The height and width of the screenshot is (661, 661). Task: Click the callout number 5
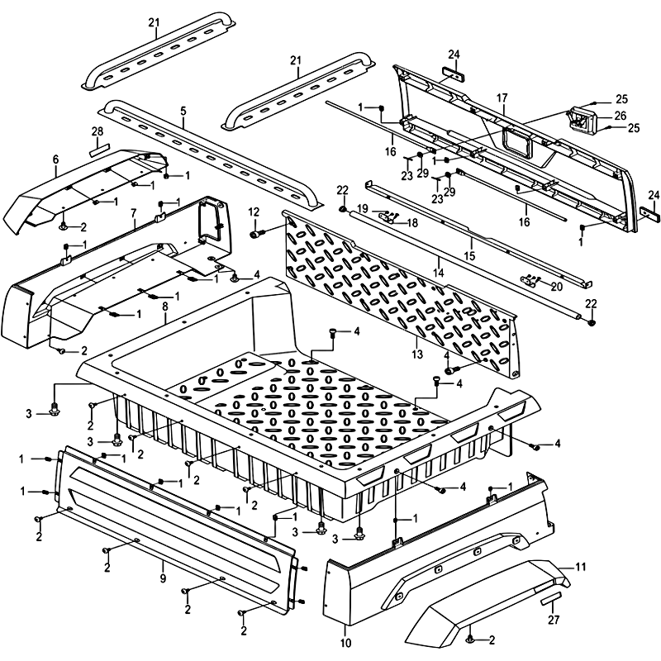click(183, 112)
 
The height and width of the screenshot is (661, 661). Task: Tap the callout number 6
click(55, 159)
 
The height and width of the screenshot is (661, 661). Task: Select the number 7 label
click(133, 213)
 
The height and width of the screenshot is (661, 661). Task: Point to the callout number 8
click(164, 307)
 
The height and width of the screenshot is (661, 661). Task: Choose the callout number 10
click(345, 641)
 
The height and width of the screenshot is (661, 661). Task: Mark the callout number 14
click(438, 272)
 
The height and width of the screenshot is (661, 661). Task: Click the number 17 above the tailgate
click(502, 97)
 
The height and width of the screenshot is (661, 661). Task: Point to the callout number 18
click(411, 222)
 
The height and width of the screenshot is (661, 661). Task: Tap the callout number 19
click(363, 207)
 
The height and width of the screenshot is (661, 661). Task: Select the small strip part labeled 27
click(550, 597)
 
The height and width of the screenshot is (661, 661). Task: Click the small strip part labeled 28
click(98, 150)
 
